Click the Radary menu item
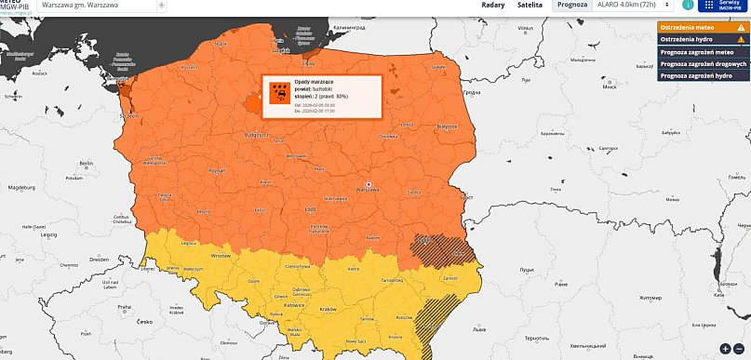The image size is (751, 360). tap(493, 6)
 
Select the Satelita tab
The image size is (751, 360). tap(530, 6)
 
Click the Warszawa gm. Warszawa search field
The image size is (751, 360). tap(98, 6)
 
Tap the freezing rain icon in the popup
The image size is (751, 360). tap(277, 92)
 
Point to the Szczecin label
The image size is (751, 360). tap(127, 116)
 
